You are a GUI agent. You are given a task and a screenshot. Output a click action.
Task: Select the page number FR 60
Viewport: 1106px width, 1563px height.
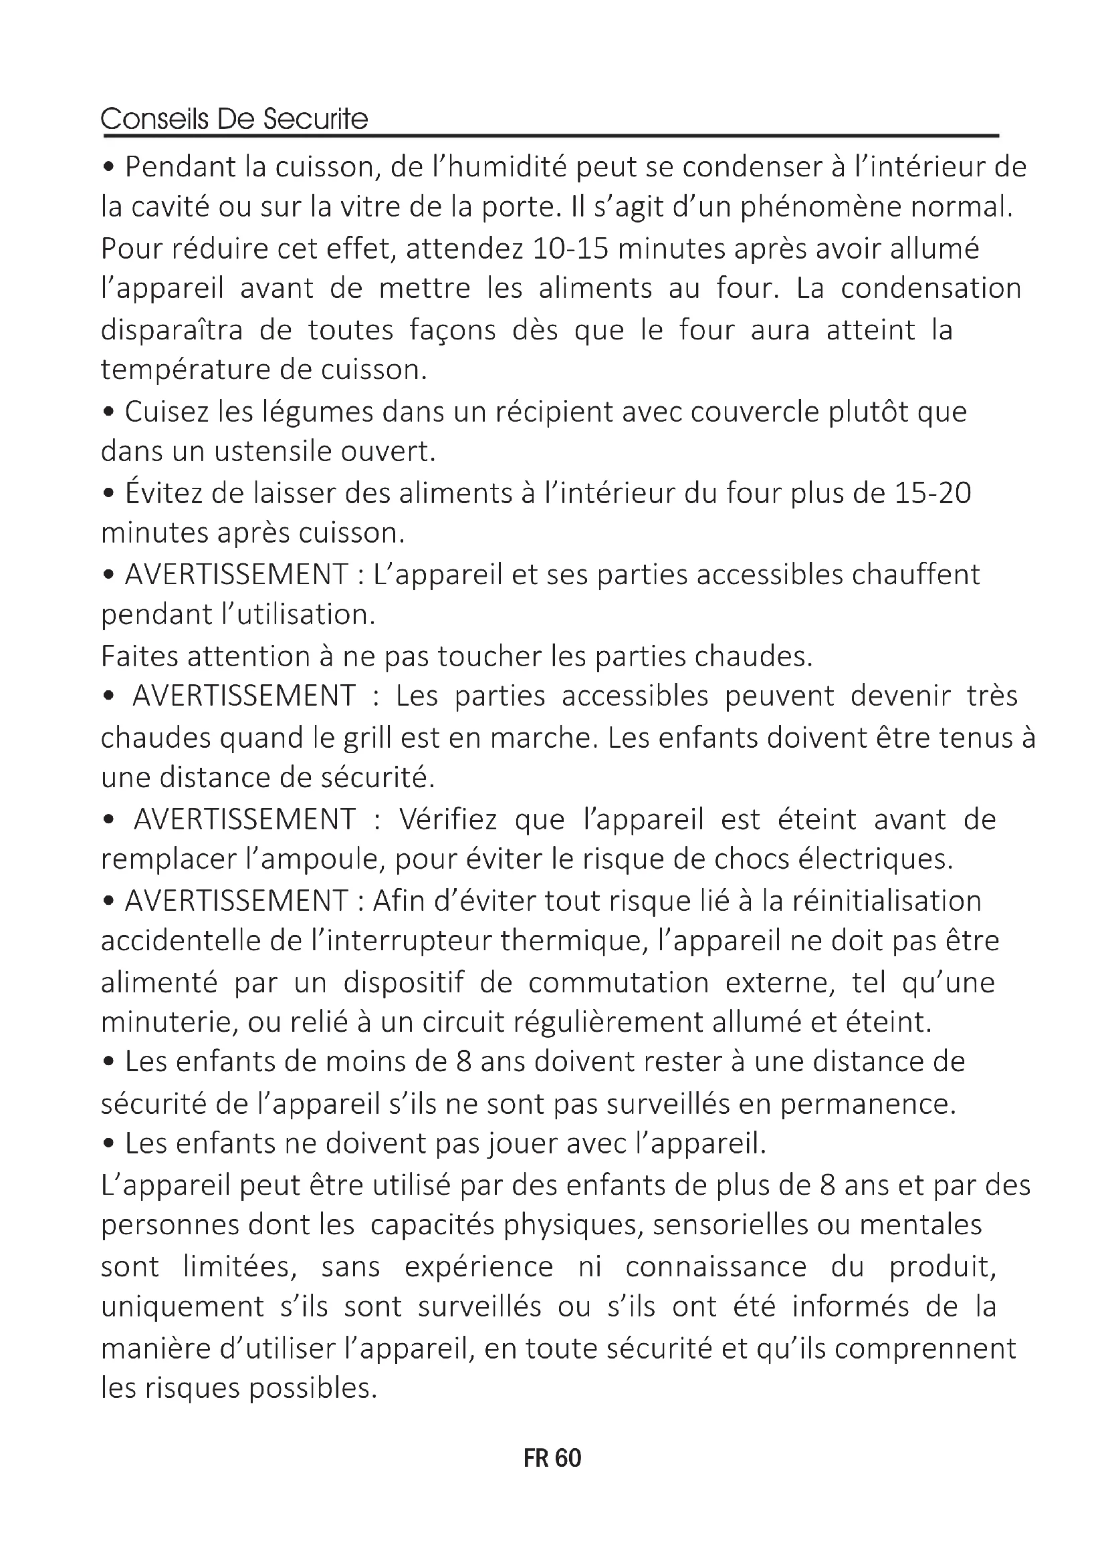(552, 1457)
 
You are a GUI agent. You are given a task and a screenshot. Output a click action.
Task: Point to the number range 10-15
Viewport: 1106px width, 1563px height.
(570, 248)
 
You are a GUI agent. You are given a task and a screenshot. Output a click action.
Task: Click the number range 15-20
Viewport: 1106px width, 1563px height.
(932, 493)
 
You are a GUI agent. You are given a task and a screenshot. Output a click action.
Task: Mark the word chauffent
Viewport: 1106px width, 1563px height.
(915, 575)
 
